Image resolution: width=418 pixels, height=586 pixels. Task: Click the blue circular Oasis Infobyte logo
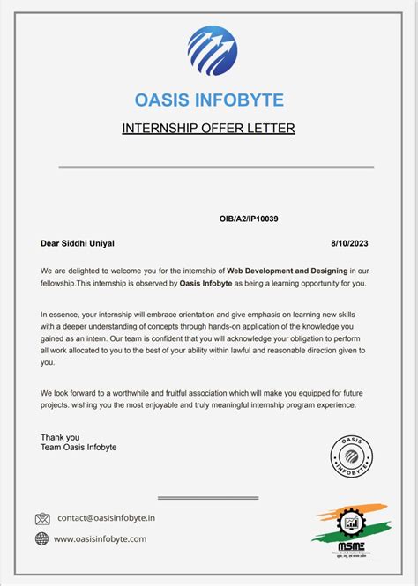pyautogui.click(x=212, y=51)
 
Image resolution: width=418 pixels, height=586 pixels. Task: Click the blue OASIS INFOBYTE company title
pyautogui.click(x=209, y=100)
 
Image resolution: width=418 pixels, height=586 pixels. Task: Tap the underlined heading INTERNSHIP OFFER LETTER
pyautogui.click(x=208, y=129)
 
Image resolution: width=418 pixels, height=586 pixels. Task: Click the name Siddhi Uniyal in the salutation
pyautogui.click(x=89, y=243)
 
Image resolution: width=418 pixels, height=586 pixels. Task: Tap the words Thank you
pyautogui.click(x=60, y=437)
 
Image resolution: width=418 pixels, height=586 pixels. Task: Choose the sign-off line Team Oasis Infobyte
pyautogui.click(x=78, y=448)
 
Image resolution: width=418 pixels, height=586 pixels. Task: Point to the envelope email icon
pyautogui.click(x=42, y=519)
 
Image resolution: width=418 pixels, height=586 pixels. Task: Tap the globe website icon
pyautogui.click(x=42, y=538)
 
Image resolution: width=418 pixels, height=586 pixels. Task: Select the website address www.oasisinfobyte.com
pyautogui.click(x=101, y=538)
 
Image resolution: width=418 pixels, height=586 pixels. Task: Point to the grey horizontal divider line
pyautogui.click(x=216, y=167)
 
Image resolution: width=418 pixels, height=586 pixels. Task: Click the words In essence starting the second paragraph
pyautogui.click(x=60, y=314)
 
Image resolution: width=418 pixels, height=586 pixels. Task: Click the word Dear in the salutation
pyautogui.click(x=50, y=243)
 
